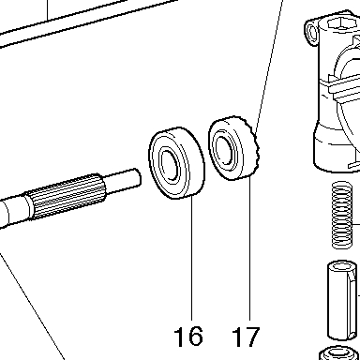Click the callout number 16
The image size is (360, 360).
coord(188,337)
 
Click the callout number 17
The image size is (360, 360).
coord(246,337)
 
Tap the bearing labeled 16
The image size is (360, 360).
coord(176,163)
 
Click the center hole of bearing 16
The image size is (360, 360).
coord(171,166)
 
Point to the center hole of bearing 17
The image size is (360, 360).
coord(225,150)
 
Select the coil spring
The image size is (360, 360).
coord(342,216)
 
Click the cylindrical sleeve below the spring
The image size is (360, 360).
coord(341,301)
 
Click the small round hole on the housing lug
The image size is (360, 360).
coord(311,32)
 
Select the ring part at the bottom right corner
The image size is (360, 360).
coord(339,353)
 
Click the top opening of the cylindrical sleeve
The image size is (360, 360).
coord(341,267)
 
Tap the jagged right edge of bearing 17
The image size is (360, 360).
coord(255,147)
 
